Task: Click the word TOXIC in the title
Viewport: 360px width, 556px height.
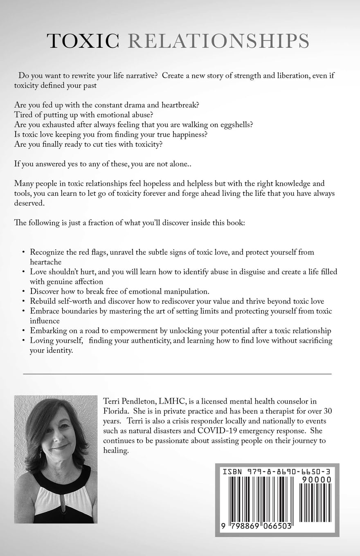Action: (x=83, y=41)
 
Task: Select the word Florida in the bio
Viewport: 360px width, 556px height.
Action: (x=118, y=412)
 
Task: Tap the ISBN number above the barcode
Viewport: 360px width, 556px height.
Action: (x=277, y=471)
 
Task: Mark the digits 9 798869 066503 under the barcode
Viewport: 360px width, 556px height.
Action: (x=256, y=526)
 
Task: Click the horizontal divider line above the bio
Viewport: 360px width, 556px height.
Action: (x=177, y=374)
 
